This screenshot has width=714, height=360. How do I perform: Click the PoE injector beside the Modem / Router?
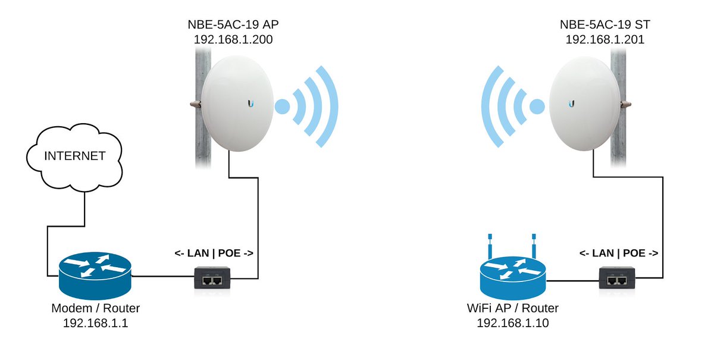tap(212, 278)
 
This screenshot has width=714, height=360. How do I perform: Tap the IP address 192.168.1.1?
tap(95, 323)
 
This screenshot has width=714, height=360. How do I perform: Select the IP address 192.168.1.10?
tap(512, 323)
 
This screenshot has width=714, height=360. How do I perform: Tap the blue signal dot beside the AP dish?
tap(282, 107)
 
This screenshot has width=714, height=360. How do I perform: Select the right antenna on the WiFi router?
tap(534, 243)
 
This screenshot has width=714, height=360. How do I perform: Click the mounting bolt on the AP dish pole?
tap(195, 104)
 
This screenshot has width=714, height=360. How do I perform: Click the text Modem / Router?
tap(95, 309)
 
